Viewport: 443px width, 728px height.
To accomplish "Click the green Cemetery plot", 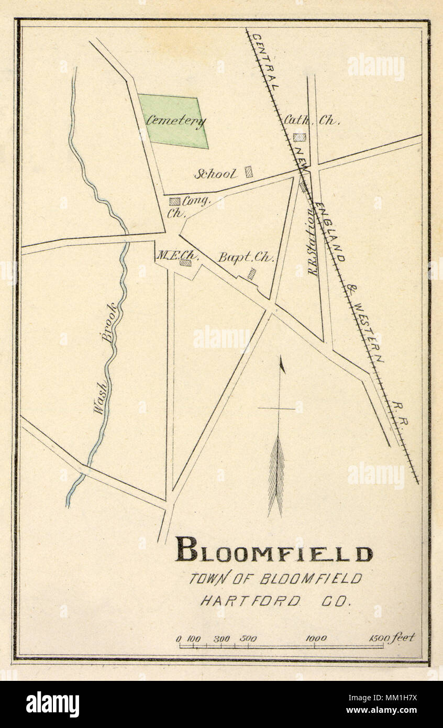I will pyautogui.click(x=173, y=122).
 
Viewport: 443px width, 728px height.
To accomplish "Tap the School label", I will pyautogui.click(x=216, y=173).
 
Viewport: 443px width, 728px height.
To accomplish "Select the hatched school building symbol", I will pyautogui.click(x=249, y=171).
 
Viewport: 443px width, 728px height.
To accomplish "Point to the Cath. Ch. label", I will pyautogui.click(x=311, y=120).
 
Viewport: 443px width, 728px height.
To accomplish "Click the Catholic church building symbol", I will pyautogui.click(x=300, y=137).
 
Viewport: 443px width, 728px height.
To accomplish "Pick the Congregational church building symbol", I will pyautogui.click(x=175, y=201).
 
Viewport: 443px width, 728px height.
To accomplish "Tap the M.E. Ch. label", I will pyautogui.click(x=171, y=255).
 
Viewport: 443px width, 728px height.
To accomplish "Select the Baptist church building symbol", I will pyautogui.click(x=252, y=273).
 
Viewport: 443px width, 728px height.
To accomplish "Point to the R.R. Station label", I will pyautogui.click(x=313, y=241).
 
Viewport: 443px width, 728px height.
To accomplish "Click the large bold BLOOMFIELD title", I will pyautogui.click(x=273, y=550).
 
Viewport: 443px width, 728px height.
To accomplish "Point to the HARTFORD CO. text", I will pyautogui.click(x=274, y=601).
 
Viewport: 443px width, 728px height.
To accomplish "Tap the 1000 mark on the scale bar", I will pyautogui.click(x=316, y=638).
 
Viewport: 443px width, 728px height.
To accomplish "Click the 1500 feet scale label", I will pyautogui.click(x=392, y=637).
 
